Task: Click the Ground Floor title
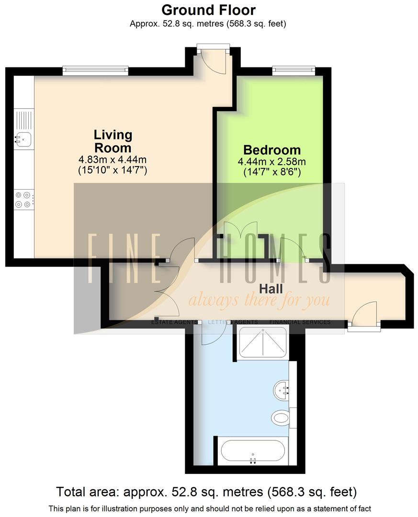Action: [208, 10]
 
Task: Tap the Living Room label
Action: [113, 141]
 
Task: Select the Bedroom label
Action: [271, 149]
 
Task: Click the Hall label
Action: [271, 289]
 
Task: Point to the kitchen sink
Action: [23, 139]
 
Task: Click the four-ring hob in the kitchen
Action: [23, 200]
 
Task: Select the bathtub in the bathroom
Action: [253, 450]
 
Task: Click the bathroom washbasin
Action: [282, 390]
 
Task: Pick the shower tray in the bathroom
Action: [263, 342]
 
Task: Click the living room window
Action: [96, 71]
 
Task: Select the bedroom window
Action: [294, 70]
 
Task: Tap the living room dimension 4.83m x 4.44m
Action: [113, 160]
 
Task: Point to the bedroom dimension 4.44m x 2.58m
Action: [271, 162]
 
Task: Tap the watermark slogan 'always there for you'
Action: [259, 301]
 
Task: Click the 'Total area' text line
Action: [206, 492]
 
